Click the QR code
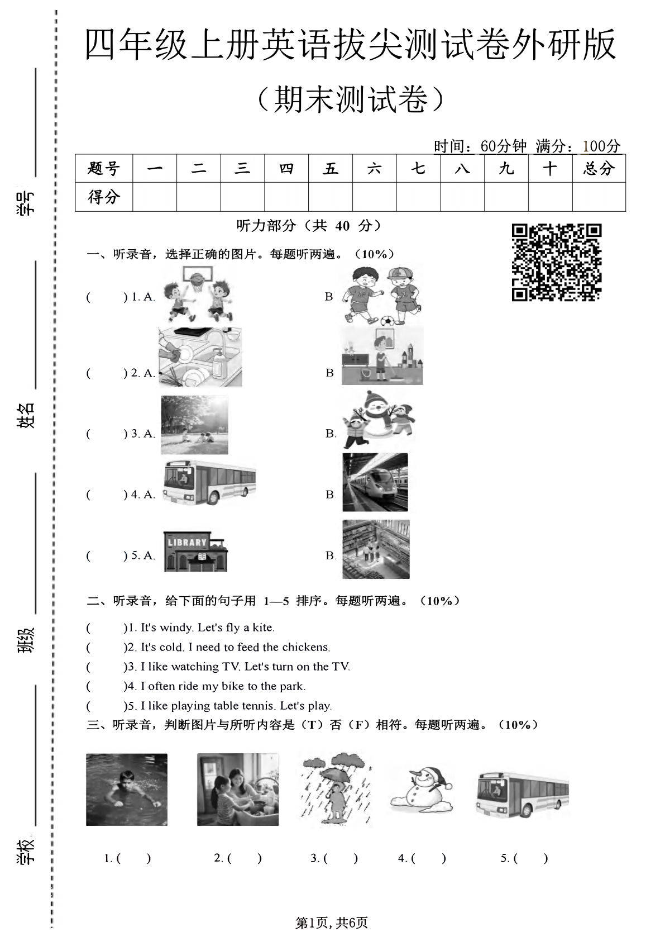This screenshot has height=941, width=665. (x=556, y=262)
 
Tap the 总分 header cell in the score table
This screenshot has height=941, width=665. (x=599, y=168)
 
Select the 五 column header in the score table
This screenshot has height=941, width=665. (x=330, y=168)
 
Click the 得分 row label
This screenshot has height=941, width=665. (x=104, y=197)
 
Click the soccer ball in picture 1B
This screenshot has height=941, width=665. (x=386, y=321)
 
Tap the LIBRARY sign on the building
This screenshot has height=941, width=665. (x=187, y=542)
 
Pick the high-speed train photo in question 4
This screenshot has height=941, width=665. (x=375, y=482)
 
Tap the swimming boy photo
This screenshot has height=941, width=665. (x=127, y=789)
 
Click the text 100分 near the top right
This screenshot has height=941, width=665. (x=601, y=146)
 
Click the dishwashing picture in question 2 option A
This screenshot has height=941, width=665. (x=200, y=357)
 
